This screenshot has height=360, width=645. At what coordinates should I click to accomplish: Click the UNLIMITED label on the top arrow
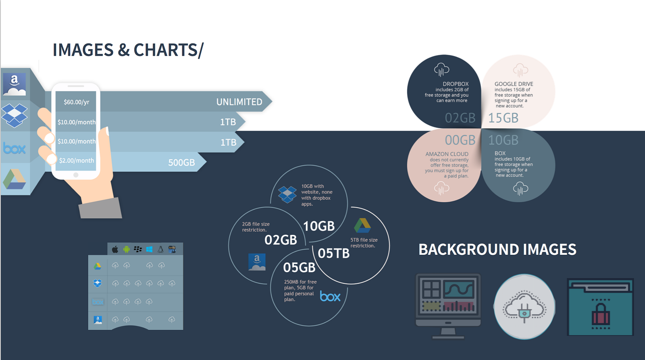point(239,102)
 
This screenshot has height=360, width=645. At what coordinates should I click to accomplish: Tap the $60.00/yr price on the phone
point(77,102)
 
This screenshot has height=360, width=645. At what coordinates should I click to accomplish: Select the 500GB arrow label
point(181,163)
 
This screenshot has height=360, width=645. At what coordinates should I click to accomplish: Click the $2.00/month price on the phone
point(77,161)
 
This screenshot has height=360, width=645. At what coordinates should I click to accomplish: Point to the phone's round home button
point(76,175)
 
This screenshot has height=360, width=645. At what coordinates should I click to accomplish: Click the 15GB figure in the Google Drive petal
point(504,118)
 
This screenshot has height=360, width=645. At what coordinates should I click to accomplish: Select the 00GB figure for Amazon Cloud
point(460,140)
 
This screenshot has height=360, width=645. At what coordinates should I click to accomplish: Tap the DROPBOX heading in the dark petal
point(456,84)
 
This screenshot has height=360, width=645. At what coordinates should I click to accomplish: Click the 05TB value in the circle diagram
point(333,254)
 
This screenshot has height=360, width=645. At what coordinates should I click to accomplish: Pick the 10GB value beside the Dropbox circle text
point(319,226)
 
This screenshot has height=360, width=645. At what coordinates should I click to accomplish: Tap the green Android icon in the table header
point(126,249)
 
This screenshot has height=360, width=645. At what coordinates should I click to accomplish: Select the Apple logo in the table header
point(115,249)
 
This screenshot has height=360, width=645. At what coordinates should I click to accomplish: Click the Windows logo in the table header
point(149,249)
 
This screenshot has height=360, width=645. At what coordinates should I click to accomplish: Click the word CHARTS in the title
point(166,50)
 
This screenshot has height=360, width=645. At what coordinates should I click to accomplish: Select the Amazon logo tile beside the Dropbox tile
point(15,84)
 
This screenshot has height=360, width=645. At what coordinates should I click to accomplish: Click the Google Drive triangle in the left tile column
point(15,179)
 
